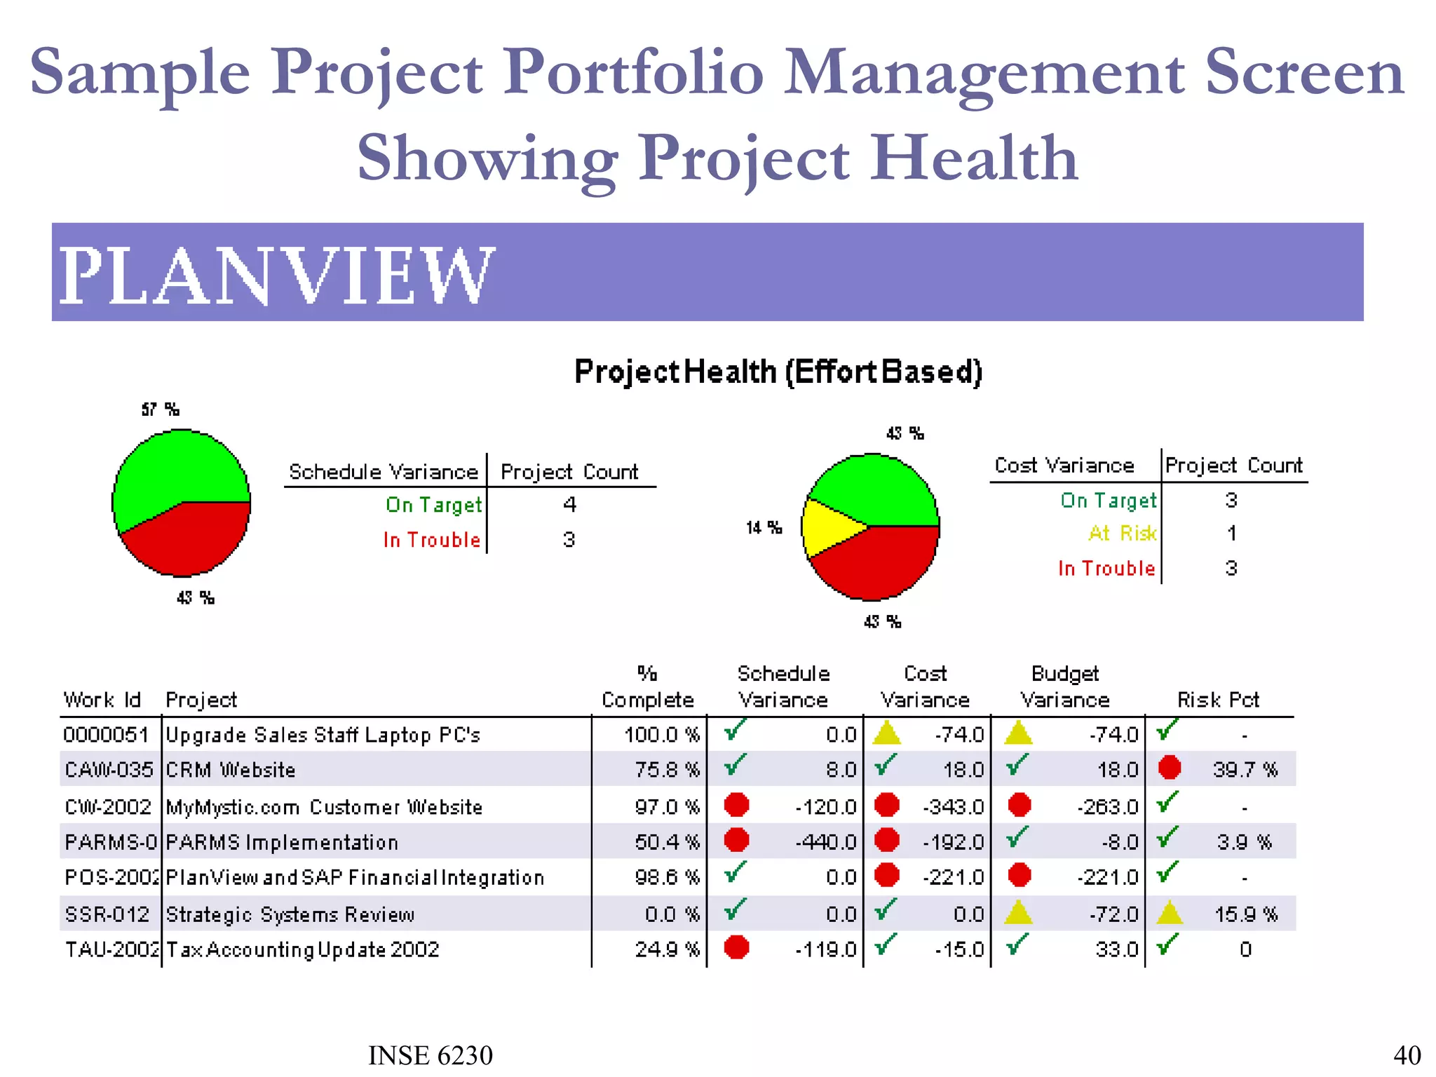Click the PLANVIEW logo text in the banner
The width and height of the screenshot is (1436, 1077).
coord(277,276)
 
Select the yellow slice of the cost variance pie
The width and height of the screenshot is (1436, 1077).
coord(827,527)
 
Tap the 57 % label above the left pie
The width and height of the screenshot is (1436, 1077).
coord(160,409)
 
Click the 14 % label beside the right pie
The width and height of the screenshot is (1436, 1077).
coord(764,527)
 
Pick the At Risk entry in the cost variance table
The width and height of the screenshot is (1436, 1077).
coord(1122,534)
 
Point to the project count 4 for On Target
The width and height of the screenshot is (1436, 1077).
coord(569,504)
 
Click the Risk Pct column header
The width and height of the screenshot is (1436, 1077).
coord(1218,700)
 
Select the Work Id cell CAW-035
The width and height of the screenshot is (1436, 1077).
coord(109,770)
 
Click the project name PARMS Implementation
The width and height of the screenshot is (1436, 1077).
coord(282,842)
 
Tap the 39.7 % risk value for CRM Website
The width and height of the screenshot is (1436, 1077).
coord(1245,770)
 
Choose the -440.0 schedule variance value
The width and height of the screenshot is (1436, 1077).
coord(825,842)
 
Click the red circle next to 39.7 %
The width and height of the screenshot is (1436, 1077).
coord(1169,768)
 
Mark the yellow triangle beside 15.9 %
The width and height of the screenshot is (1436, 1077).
coord(1169,913)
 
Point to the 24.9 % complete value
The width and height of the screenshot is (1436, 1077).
coord(668,949)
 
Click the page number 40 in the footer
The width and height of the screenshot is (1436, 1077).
coord(1407,1055)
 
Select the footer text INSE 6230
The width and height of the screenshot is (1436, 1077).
coord(431,1055)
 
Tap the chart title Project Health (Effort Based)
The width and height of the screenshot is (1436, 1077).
coord(778,372)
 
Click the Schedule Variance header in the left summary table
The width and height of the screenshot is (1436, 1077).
coord(384,472)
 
